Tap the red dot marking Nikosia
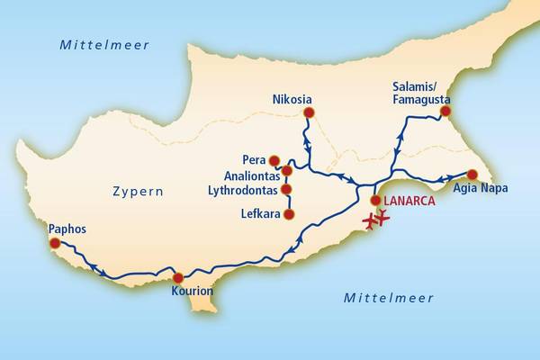click(310, 112)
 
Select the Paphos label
click(68, 229)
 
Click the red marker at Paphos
click(55, 243)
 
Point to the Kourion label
click(192, 292)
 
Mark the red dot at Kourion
click(178, 277)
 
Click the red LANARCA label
click(409, 202)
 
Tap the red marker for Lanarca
click(375, 201)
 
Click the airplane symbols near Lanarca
click(375, 218)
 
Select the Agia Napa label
click(481, 188)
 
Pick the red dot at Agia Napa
click(471, 175)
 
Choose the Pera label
click(255, 159)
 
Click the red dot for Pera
click(275, 160)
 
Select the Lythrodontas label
click(243, 190)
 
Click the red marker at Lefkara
click(289, 214)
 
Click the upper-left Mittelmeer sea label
click(104, 44)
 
